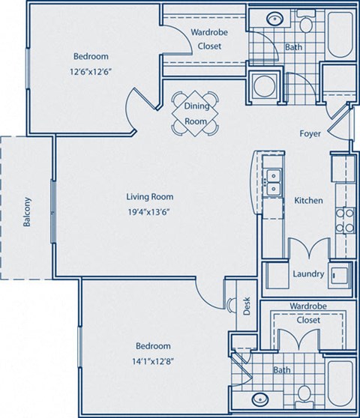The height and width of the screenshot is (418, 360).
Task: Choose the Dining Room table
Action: click(196, 112)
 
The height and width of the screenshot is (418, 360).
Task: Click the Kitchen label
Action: click(308, 200)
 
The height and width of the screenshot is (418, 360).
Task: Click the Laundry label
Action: click(309, 273)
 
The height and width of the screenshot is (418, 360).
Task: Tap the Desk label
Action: click(245, 305)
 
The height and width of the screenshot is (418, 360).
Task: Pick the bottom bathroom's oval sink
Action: click(260, 398)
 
